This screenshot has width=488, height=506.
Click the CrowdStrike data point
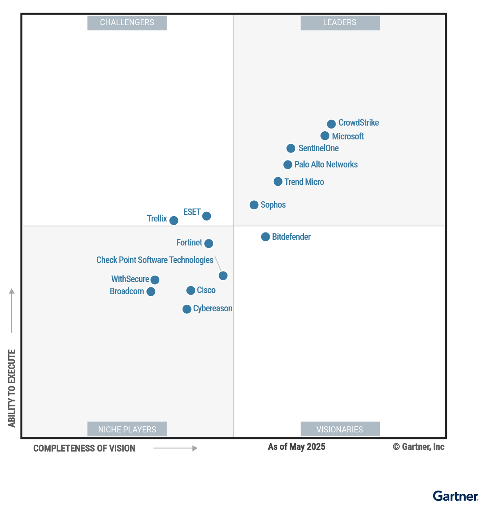tap(331, 124)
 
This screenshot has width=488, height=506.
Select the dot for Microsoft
tap(325, 136)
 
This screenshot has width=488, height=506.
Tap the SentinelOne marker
tap(291, 148)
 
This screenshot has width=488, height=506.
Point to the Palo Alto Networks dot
tap(288, 165)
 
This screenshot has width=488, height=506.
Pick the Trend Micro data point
tap(278, 181)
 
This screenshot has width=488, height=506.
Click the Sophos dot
tap(254, 205)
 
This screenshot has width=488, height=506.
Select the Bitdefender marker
tap(266, 237)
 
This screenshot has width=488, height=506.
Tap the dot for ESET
tap(207, 216)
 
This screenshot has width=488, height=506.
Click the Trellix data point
tap(174, 220)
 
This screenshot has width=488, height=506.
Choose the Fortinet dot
tap(209, 243)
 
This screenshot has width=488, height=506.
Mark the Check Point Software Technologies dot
tap(223, 276)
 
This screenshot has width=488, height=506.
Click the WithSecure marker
tap(155, 280)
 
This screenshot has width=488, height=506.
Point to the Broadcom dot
tap(151, 291)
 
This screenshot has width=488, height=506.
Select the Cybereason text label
tap(213, 308)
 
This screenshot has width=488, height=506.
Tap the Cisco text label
tap(206, 290)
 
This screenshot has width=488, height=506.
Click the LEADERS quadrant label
tap(340, 23)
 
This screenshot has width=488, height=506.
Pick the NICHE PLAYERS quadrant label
tap(127, 429)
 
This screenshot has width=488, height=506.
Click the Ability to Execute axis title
tap(12, 388)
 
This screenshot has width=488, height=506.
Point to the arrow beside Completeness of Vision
tap(175, 448)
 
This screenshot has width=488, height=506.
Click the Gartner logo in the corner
tap(455, 496)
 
